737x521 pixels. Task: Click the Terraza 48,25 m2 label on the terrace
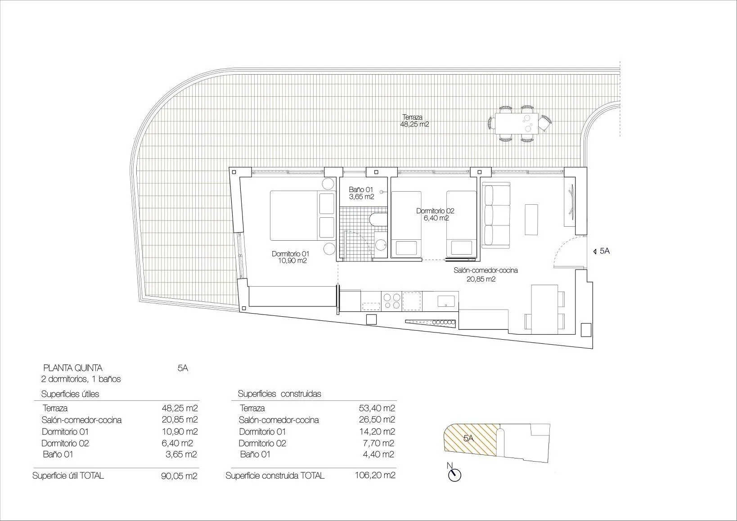414,121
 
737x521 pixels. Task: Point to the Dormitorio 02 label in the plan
435,214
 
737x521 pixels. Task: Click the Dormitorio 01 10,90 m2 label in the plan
290,257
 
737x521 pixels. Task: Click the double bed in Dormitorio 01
302,216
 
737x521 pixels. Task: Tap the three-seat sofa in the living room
496,216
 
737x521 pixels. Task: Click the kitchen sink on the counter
446,300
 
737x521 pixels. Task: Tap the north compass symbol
455,475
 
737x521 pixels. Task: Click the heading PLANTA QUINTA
72,368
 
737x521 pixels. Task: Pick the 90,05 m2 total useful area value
179,476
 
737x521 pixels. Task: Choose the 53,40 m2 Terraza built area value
376,409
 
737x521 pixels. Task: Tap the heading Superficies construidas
279,394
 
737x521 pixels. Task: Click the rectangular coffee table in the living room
531,220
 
